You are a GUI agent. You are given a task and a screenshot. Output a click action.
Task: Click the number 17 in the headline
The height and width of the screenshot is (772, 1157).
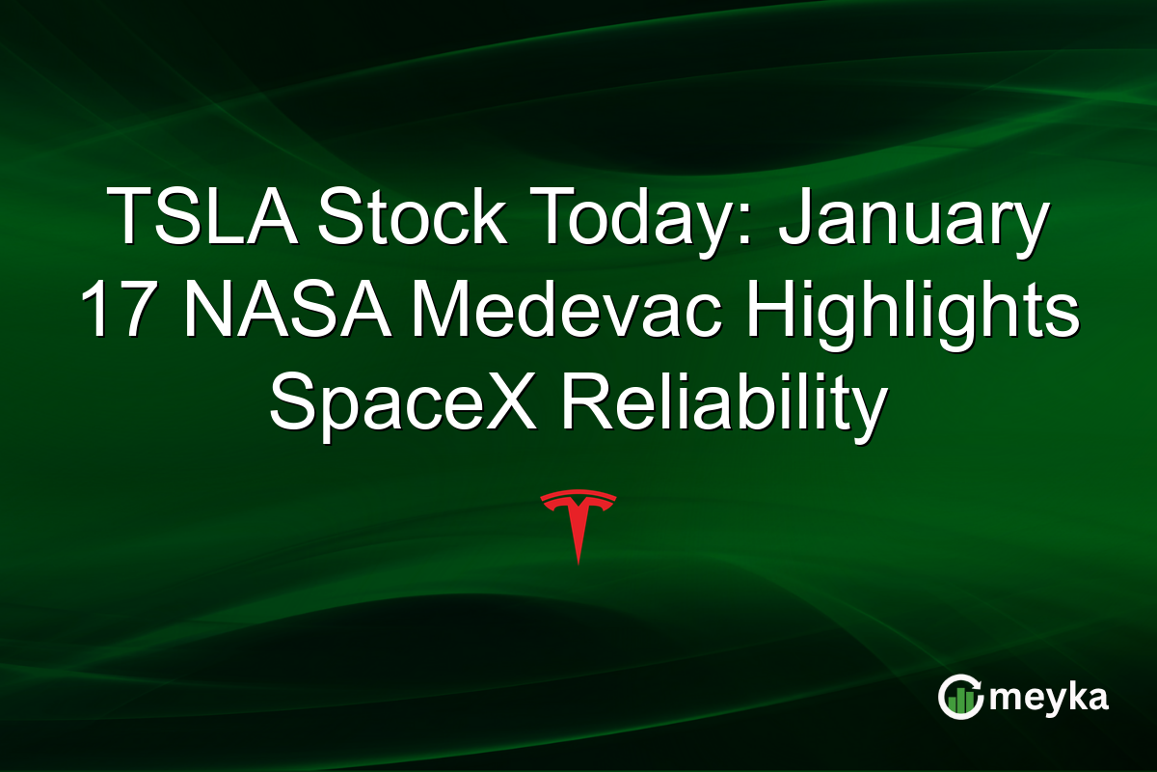[x=115, y=311]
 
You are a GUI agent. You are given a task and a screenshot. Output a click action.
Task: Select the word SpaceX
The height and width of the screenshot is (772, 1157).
[x=405, y=403]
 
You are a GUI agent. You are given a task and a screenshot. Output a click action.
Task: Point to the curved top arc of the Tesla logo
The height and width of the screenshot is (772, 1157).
[x=578, y=497]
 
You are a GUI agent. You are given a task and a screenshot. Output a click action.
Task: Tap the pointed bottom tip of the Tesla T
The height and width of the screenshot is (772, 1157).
[x=578, y=561]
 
